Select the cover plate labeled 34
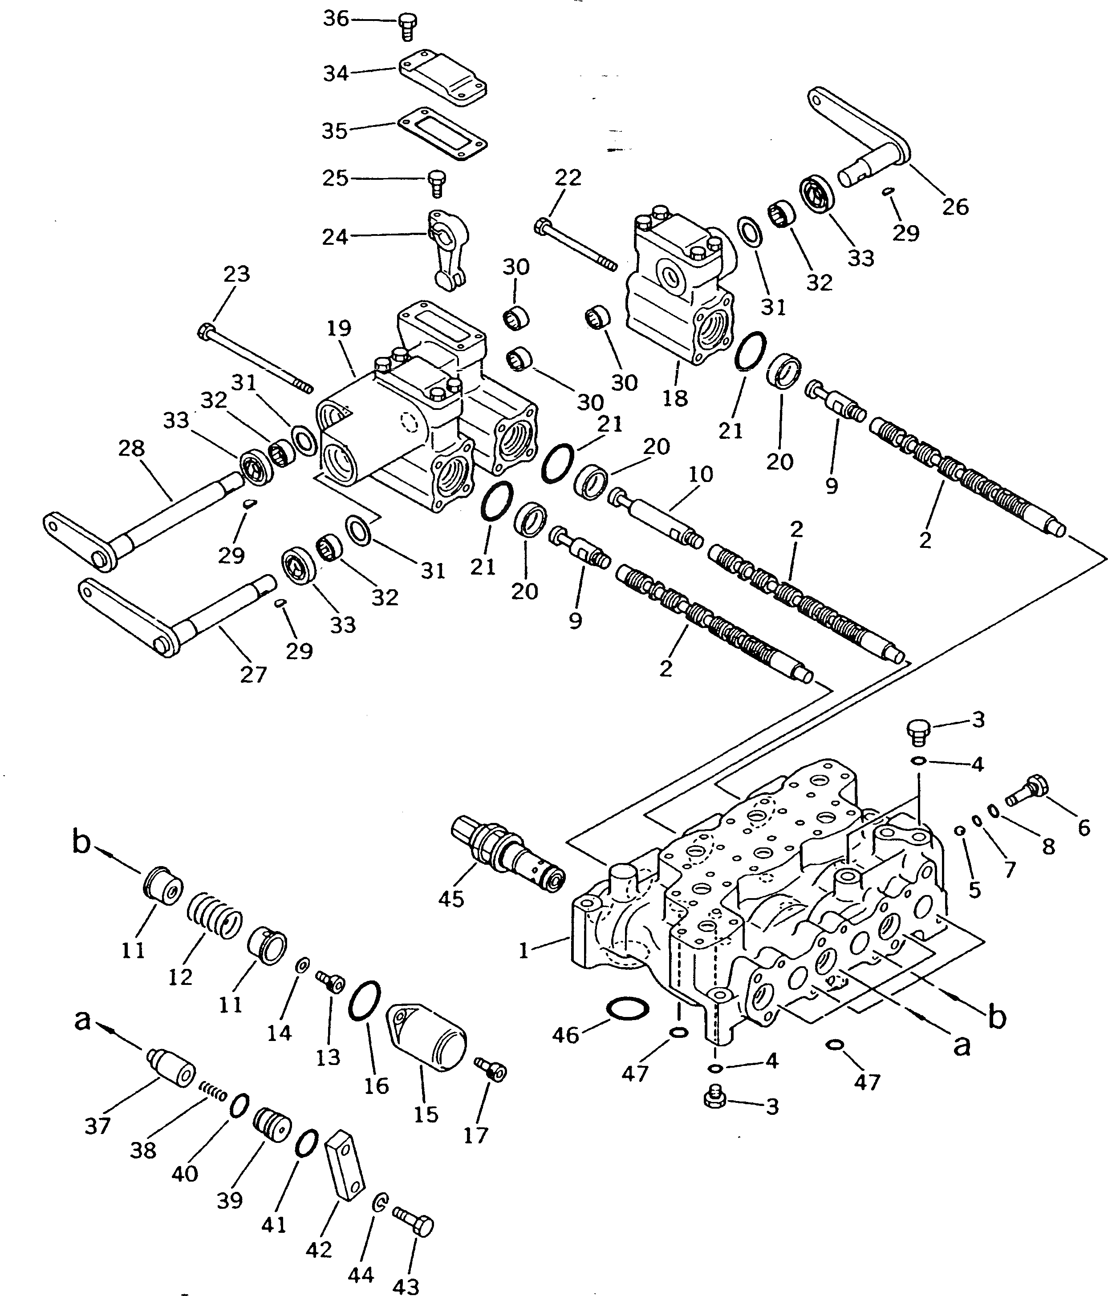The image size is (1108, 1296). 443,78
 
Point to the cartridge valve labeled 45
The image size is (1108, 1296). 507,857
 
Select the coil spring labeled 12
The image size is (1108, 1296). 215,916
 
